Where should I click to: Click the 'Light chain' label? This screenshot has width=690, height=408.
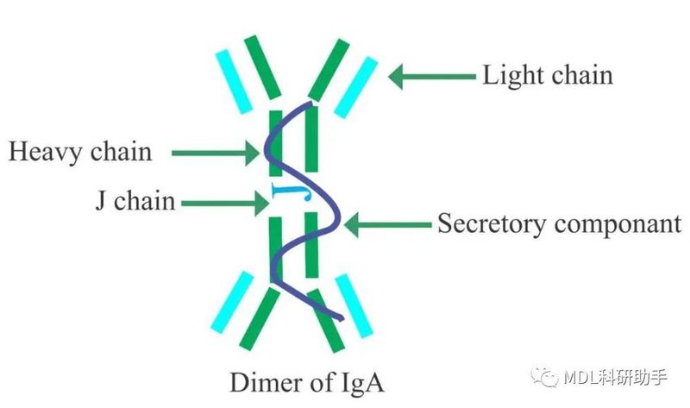click(x=547, y=75)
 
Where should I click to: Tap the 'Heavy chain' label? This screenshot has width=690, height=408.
click(x=80, y=153)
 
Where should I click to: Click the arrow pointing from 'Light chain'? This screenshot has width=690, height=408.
click(x=432, y=76)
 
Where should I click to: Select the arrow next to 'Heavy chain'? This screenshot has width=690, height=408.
click(x=215, y=154)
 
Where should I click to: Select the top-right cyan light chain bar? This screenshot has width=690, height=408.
click(x=356, y=86)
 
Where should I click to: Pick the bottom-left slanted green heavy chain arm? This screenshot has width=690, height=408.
click(x=262, y=320)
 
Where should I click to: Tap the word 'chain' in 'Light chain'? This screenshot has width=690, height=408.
click(x=580, y=75)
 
